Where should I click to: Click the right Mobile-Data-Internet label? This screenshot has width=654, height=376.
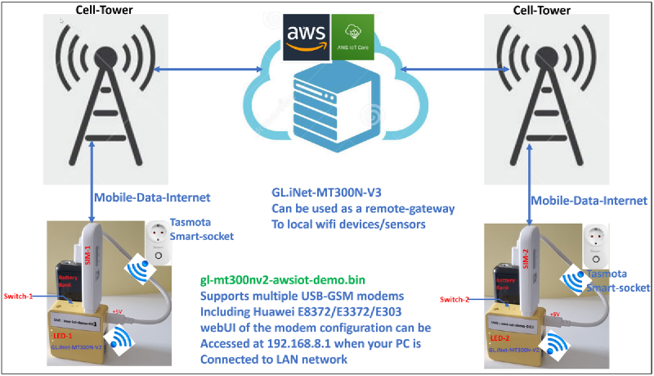coord(589,200)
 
